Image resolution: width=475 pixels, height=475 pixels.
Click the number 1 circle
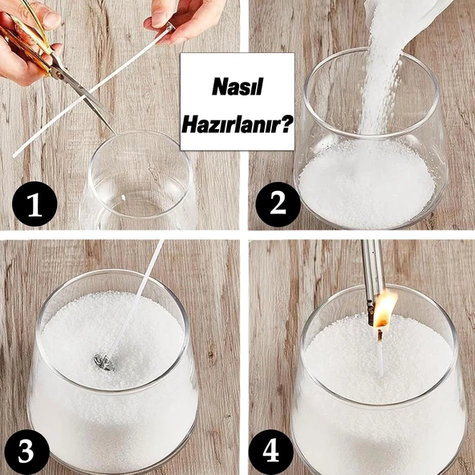(x=35, y=204)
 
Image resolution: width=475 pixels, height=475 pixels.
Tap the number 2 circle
(x=278, y=204)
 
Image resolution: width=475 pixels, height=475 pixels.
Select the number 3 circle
(x=26, y=452)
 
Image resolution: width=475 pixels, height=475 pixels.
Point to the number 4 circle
(x=271, y=452)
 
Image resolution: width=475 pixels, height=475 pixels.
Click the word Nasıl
(x=237, y=87)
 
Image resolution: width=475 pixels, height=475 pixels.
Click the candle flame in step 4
(x=384, y=309)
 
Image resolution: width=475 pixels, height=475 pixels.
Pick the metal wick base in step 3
(x=104, y=362)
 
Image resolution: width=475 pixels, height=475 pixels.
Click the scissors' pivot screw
(x=60, y=74)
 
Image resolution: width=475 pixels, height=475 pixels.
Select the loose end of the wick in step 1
(x=14, y=156)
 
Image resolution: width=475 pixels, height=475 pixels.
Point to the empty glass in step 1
(x=139, y=182)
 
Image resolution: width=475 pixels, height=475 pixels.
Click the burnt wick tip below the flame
(x=380, y=334)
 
